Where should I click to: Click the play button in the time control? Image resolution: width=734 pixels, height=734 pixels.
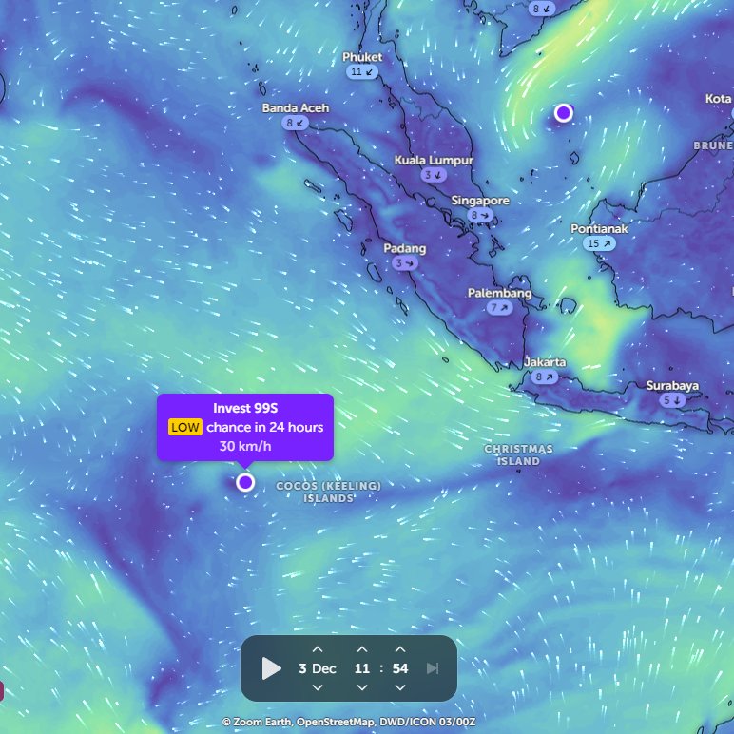(272, 668)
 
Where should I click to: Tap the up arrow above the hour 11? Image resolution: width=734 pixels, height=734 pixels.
(362, 649)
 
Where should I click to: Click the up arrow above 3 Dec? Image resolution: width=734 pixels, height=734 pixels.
(318, 649)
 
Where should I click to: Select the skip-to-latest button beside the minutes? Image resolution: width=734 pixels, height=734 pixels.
(433, 668)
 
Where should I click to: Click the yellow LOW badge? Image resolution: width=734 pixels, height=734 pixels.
(185, 427)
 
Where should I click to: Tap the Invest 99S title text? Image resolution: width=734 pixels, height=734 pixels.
(245, 408)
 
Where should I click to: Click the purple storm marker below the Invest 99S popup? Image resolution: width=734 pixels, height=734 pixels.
(245, 482)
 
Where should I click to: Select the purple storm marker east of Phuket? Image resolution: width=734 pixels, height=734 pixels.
(563, 113)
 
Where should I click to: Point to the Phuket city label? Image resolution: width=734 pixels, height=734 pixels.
(362, 57)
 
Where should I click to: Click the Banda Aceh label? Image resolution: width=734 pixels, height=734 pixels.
(296, 108)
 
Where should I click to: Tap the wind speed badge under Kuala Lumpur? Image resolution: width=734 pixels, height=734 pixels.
(435, 175)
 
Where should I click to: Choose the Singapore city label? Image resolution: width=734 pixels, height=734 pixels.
(480, 201)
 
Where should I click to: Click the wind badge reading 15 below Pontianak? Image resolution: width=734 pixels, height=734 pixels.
(600, 243)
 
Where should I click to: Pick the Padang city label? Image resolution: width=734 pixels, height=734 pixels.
(405, 249)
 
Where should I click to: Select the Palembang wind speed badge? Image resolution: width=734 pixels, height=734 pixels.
(499, 308)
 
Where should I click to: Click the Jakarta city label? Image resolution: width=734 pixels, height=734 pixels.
(545, 362)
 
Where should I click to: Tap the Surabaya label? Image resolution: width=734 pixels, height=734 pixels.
(672, 386)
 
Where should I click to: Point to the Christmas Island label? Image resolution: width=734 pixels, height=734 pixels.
(518, 454)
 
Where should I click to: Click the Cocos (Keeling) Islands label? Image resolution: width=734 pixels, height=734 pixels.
(329, 492)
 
